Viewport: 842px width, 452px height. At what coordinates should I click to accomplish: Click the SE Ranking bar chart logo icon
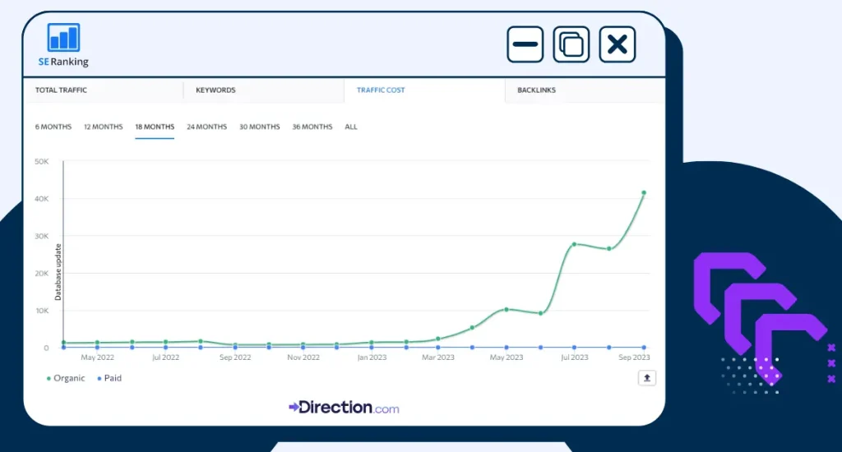click(x=63, y=38)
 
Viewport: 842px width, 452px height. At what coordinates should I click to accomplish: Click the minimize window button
click(x=525, y=44)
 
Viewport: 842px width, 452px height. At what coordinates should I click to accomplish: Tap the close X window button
click(x=617, y=44)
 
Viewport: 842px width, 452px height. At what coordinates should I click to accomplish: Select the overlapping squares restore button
click(x=571, y=44)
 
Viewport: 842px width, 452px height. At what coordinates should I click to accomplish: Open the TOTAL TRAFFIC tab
click(x=61, y=90)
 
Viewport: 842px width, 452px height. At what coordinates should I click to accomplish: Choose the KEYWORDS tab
click(x=215, y=90)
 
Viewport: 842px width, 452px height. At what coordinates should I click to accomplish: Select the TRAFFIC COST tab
click(x=381, y=90)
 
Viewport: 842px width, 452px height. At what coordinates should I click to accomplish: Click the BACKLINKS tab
click(x=536, y=90)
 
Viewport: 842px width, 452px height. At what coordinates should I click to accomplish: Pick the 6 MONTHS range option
click(x=53, y=127)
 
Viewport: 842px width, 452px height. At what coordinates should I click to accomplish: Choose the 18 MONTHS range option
click(x=155, y=127)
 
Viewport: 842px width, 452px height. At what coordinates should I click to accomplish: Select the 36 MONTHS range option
click(x=312, y=127)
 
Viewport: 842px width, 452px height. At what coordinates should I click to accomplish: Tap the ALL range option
click(x=351, y=127)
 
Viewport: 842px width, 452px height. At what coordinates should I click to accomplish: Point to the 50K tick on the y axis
click(x=41, y=161)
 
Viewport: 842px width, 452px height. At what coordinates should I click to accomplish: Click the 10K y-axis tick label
click(x=41, y=311)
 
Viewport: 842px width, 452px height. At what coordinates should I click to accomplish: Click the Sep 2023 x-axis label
click(x=634, y=357)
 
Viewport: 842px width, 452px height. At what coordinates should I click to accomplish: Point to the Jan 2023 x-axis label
click(x=372, y=357)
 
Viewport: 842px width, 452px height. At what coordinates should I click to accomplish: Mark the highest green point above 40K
click(x=644, y=193)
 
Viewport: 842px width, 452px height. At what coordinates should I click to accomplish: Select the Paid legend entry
click(x=109, y=379)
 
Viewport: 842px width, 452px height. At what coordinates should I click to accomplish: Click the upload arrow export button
click(x=647, y=378)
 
